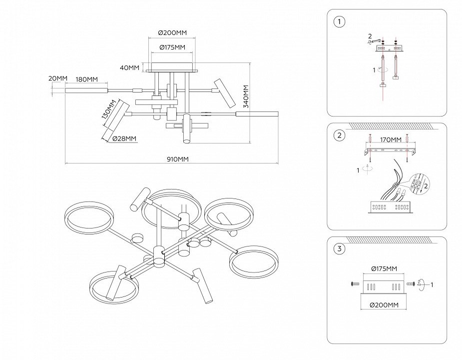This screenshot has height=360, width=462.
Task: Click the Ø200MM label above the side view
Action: click(x=172, y=32)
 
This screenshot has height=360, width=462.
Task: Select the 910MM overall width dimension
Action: click(x=177, y=159)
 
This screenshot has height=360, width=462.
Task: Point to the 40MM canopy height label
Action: click(x=130, y=67)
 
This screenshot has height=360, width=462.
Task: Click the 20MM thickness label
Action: click(x=57, y=78)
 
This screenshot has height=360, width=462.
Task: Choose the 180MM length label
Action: click(x=86, y=79)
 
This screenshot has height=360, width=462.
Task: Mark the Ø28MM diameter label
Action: click(x=124, y=138)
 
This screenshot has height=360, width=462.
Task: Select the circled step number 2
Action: click(x=340, y=135)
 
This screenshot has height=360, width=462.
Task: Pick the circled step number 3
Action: click(x=340, y=248)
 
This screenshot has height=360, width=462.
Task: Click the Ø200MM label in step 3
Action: click(x=383, y=304)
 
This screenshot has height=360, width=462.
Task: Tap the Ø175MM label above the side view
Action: click(x=172, y=47)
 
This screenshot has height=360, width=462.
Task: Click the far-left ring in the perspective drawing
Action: click(x=89, y=218)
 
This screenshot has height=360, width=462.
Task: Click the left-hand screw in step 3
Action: click(x=355, y=284)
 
